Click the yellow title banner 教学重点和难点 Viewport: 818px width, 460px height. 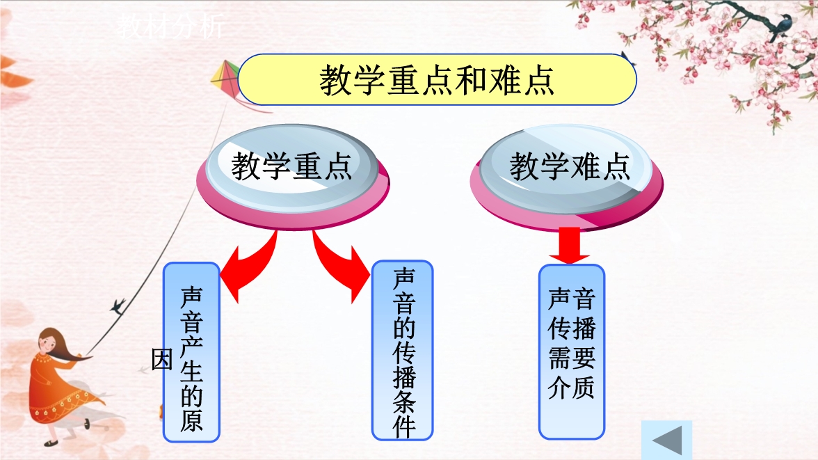click(437, 79)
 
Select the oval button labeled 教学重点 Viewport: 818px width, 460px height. click(293, 175)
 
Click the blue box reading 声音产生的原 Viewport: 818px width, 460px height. click(191, 352)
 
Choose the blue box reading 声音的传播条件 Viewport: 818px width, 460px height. click(402, 350)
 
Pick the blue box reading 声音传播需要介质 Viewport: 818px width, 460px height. click(572, 352)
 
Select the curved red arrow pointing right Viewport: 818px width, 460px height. click(342, 267)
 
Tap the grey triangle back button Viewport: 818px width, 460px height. click(667, 440)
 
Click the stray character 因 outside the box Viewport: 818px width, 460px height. click(161, 359)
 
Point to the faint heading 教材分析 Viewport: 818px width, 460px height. click(170, 26)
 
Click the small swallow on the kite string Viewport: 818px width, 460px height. click(118, 306)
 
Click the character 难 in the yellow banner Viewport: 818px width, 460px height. click(503, 80)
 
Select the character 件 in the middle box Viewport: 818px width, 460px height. click(404, 427)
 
